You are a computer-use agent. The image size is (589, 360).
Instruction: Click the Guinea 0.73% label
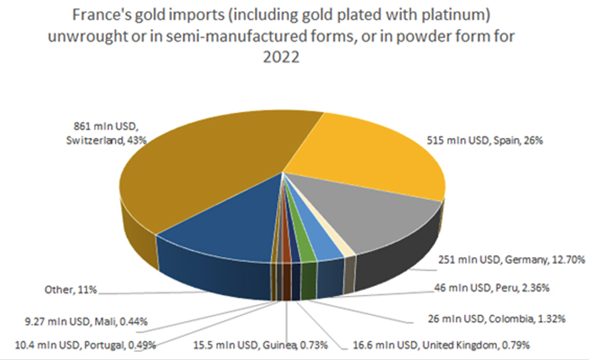click(269, 346)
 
